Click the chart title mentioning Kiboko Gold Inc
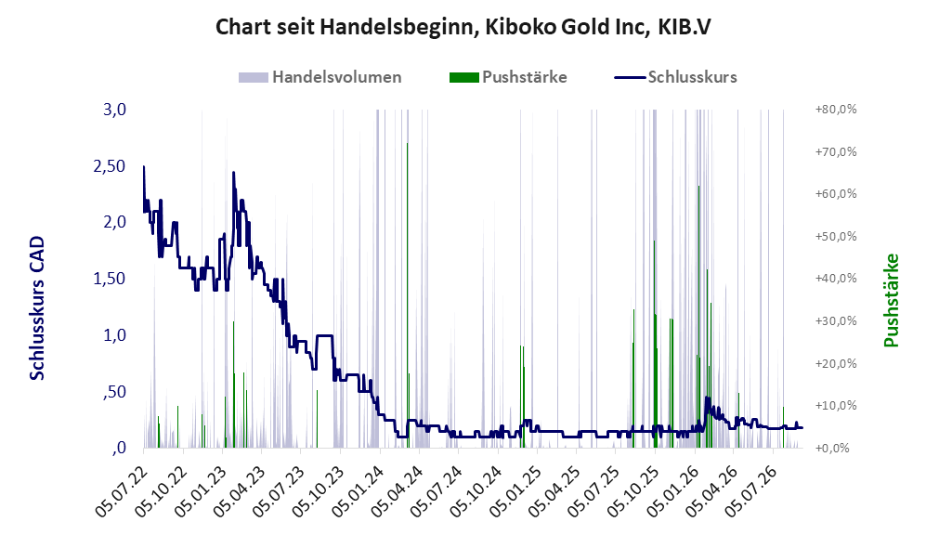[463, 27]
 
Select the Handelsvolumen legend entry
[320, 77]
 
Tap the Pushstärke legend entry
[508, 77]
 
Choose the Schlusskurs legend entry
[675, 77]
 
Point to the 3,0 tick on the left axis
[115, 110]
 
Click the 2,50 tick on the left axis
[110, 166]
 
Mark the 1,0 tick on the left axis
[115, 334]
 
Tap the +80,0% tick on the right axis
[836, 110]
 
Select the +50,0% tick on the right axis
[836, 236]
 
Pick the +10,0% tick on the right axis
[836, 406]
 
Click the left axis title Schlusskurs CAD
[37, 308]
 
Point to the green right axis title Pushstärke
[891, 301]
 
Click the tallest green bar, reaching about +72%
[407, 295]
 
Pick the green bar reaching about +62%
[698, 317]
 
